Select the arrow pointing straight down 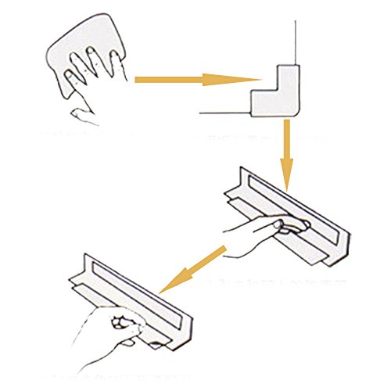pyautogui.click(x=286, y=152)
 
